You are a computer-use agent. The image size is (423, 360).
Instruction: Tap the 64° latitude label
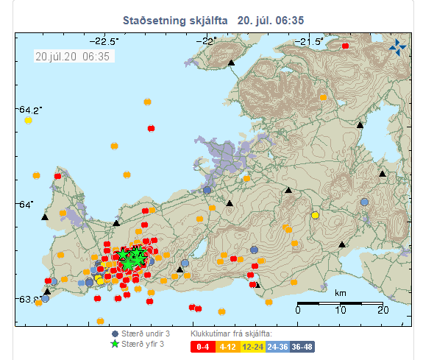26,204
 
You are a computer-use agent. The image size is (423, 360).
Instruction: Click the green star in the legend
114,344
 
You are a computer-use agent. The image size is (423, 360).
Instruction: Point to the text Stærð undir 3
146,333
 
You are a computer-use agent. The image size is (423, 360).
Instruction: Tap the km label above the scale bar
341,293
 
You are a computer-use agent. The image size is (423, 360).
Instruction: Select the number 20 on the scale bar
383,311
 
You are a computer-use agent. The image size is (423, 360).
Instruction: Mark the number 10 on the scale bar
341,311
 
